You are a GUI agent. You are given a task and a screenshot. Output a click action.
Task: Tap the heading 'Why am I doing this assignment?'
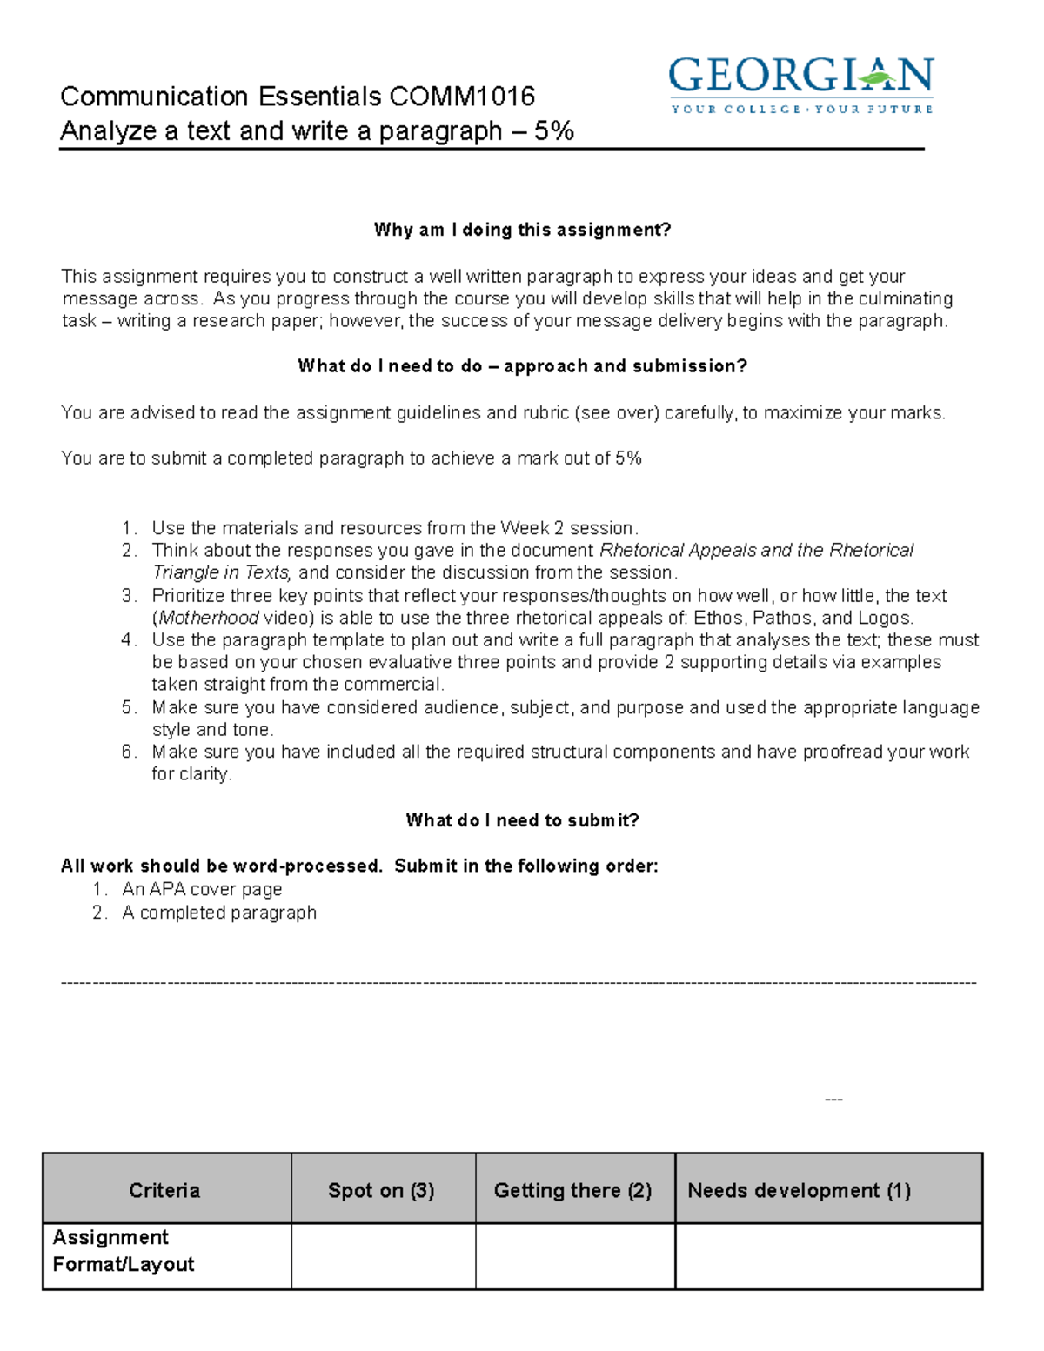522,230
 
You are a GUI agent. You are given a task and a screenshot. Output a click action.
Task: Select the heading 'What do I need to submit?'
522,820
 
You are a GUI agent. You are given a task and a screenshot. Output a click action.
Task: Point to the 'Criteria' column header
164,1190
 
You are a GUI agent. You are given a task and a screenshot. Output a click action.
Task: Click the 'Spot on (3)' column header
381,1190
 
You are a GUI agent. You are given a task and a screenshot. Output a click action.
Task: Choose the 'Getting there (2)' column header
572,1190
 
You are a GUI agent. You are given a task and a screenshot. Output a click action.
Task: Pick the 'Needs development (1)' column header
799,1190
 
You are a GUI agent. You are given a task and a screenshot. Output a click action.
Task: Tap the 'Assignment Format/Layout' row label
123,1251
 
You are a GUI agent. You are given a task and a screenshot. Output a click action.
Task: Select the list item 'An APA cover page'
202,889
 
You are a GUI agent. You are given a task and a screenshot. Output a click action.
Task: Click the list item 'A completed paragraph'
219,913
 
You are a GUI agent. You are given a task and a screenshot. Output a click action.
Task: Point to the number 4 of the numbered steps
128,640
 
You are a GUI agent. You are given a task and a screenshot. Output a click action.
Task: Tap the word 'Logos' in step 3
883,618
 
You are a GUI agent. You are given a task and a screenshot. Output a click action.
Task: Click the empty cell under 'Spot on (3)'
383,1256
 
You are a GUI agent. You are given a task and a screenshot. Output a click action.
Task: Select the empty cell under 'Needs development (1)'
828,1256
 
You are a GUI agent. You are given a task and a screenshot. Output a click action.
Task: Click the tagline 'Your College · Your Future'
800,110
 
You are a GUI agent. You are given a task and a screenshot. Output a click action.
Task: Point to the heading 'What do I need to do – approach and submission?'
522,366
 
